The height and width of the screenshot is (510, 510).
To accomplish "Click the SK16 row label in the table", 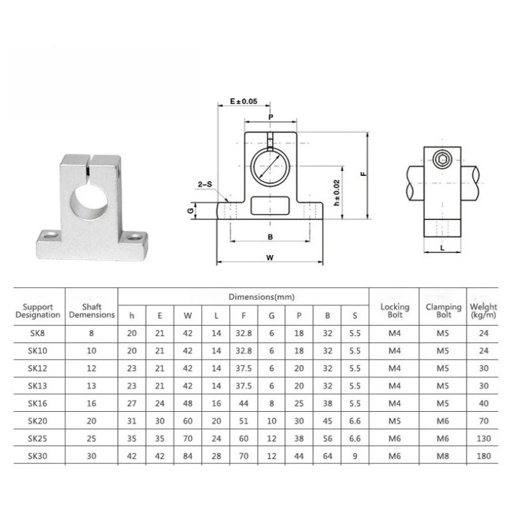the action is point(38,404).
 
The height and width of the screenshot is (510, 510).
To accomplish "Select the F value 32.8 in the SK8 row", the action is point(244,333).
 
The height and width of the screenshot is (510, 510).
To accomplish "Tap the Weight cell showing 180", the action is point(484,456).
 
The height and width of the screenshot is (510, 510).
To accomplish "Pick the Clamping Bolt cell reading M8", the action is point(442,456).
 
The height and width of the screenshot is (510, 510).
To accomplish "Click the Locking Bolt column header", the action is point(395,310).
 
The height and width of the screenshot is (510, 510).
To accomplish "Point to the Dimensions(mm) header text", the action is point(261,296).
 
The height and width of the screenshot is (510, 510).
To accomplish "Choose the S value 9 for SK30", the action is point(355,456).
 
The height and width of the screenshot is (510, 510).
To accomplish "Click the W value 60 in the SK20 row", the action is point(187,421).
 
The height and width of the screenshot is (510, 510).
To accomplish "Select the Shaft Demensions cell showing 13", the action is point(91,386).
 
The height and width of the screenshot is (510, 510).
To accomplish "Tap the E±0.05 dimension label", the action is point(244,101).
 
